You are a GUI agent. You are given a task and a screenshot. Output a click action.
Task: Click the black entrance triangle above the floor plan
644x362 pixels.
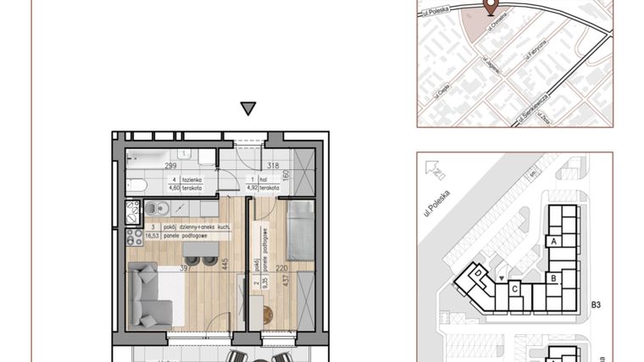pos(247,108)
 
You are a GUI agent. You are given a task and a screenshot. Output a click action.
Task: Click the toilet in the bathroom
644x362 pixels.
pos(138,185)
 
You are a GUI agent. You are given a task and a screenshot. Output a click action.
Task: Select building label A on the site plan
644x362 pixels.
pos(554,241)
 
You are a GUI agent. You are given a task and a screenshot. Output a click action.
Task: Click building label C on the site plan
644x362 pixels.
pos(514,288)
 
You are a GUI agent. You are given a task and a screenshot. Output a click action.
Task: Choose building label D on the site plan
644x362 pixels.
pos(478,274)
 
